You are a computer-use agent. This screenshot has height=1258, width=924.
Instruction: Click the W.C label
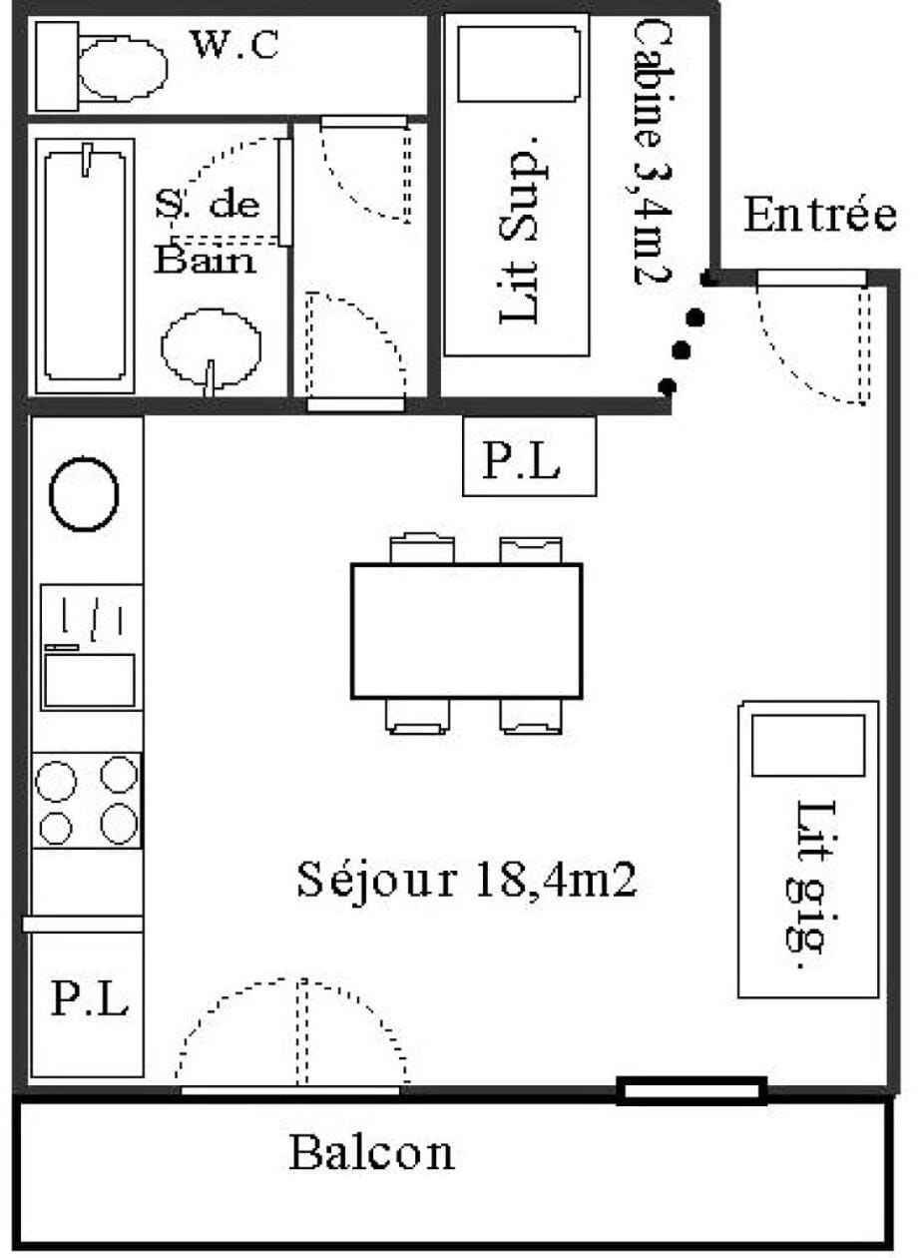pos(235,45)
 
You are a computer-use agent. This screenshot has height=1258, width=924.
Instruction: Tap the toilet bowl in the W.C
pos(123,68)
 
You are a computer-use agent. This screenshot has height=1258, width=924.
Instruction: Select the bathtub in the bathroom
pos(85,266)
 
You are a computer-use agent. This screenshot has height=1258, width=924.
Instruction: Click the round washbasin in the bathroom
pos(212,347)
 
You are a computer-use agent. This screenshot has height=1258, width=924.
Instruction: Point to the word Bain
pos(206,260)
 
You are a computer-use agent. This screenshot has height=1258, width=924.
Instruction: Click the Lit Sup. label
pos(519,230)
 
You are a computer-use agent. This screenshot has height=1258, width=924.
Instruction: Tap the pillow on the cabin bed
pos(518,65)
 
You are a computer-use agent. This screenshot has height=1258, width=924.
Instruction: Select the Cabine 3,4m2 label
pos(653,153)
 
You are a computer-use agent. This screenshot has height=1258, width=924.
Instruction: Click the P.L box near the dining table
pos(530,456)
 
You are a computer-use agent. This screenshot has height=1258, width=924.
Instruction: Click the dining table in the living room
pos(467,631)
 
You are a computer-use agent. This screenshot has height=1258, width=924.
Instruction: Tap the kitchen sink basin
pos(90,680)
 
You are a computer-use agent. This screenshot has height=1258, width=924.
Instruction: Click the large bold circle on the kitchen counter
pos(84,493)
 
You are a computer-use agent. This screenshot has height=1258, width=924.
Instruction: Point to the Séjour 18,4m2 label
pos(467,880)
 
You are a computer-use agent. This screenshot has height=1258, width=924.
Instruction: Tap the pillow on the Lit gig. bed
pos(808,745)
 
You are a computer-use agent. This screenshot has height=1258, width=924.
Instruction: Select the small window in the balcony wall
pos(693,1090)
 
